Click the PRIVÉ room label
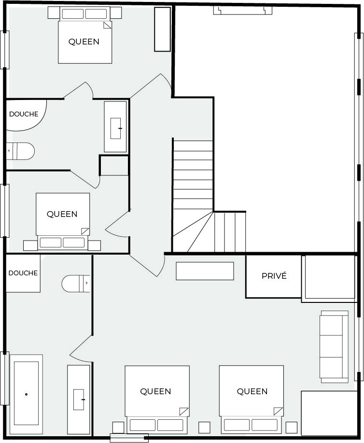[x=274, y=276]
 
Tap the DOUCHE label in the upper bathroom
[x=24, y=114]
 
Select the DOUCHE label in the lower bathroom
[x=23, y=273]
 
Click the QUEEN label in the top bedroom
[x=84, y=42]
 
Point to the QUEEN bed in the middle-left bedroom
[x=63, y=221]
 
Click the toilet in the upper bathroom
[x=20, y=151]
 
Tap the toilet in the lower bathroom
[x=76, y=284]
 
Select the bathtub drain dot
[x=26, y=394]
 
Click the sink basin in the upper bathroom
[x=115, y=129]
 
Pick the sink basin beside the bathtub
[x=79, y=400]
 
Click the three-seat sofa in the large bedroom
[x=334, y=347]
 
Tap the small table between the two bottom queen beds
[x=204, y=428]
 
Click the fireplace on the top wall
[x=242, y=11]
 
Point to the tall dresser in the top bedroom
[x=162, y=29]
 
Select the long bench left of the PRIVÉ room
[x=205, y=271]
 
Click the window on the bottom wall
[x=129, y=438]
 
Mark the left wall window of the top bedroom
[x=4, y=50]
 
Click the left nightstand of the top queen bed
[x=54, y=13]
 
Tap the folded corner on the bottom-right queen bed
[x=278, y=412]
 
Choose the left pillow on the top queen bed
[x=72, y=14]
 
